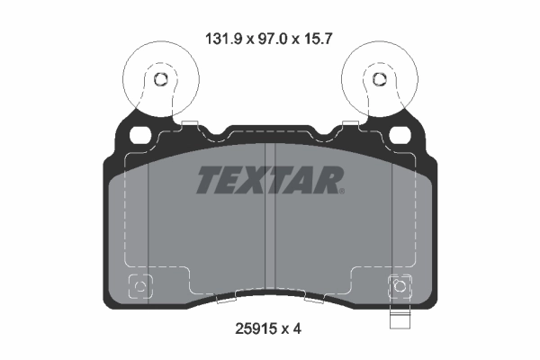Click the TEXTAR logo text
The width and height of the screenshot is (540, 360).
point(268,181)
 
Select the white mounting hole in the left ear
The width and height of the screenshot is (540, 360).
point(140,135)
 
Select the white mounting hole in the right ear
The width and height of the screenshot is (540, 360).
point(399,135)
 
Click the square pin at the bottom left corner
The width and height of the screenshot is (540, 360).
point(139,288)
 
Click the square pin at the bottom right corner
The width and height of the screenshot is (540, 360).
point(399,288)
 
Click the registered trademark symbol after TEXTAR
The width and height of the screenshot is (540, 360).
point(340,190)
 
